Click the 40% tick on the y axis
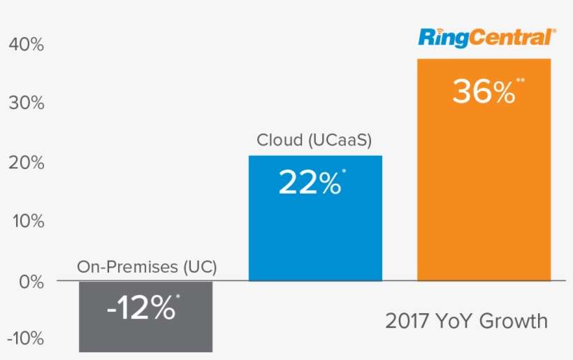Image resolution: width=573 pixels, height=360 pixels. pyautogui.click(x=27, y=45)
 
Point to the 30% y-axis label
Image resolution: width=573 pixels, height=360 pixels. pyautogui.click(x=27, y=103)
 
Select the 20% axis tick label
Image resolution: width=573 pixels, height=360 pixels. pyautogui.click(x=27, y=163)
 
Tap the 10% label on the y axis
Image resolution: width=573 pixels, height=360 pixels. pyautogui.click(x=27, y=222)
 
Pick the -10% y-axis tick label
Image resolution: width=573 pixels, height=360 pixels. pyautogui.click(x=24, y=339)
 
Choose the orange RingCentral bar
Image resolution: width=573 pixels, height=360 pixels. pyautogui.click(x=484, y=196)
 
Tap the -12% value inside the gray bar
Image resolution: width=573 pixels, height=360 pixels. pyautogui.click(x=140, y=308)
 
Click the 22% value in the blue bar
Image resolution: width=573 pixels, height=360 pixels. pyautogui.click(x=309, y=182)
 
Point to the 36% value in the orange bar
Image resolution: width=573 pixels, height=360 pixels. pyautogui.click(x=482, y=92)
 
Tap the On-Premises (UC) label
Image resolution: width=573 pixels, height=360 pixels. pyautogui.click(x=147, y=266)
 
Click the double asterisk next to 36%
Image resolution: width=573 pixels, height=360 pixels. pyautogui.click(x=520, y=80)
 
